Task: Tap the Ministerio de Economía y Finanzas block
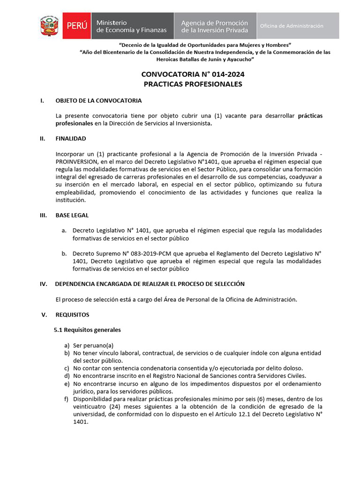point(131,26)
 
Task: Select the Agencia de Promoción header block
point(215,26)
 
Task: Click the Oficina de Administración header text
point(292,26)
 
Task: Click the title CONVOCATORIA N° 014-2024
point(193,75)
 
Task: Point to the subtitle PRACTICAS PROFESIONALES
point(193,84)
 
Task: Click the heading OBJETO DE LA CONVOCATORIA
point(98,101)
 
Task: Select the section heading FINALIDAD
point(71,139)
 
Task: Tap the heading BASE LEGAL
point(72,215)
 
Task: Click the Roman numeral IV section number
point(44,284)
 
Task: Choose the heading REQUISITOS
point(72,315)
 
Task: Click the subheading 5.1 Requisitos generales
point(87,330)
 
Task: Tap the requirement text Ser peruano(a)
point(93,345)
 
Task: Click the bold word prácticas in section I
point(310,116)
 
